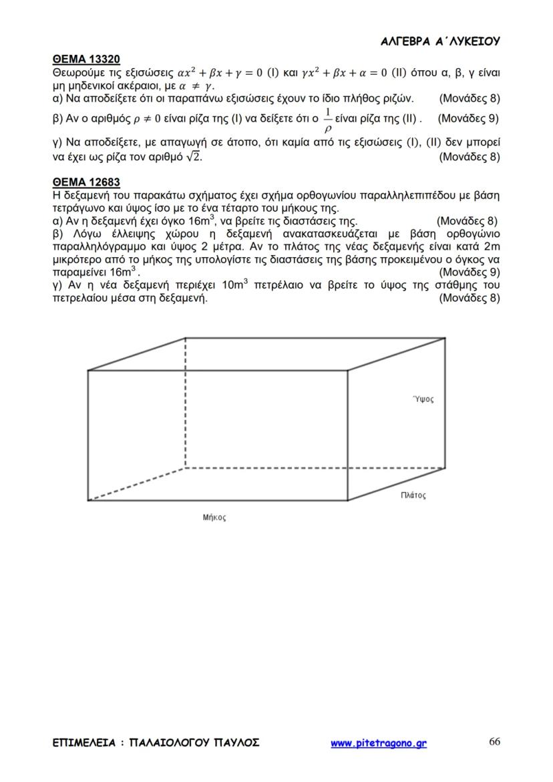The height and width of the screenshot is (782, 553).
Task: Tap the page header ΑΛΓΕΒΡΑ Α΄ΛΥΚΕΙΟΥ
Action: [440, 41]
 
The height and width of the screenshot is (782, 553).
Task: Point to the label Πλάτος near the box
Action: [413, 496]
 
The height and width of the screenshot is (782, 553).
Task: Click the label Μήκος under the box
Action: [214, 518]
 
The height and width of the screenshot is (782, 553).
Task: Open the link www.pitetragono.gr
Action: [379, 743]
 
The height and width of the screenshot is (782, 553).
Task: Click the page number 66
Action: [495, 742]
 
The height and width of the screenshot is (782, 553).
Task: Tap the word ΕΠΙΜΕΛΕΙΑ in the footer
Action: [83, 743]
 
